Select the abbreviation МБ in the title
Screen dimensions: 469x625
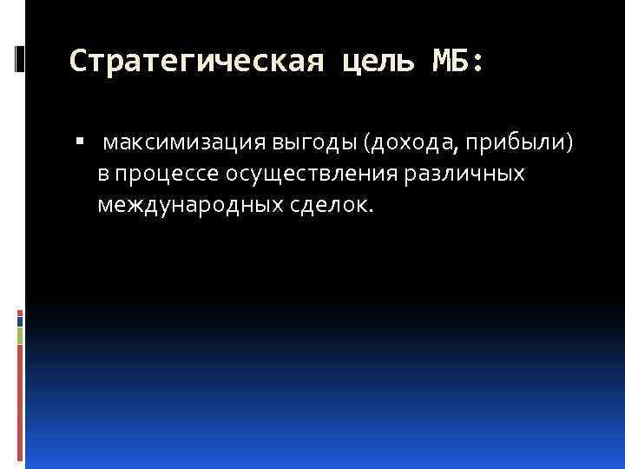452,62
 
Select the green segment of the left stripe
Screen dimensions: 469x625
20,334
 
